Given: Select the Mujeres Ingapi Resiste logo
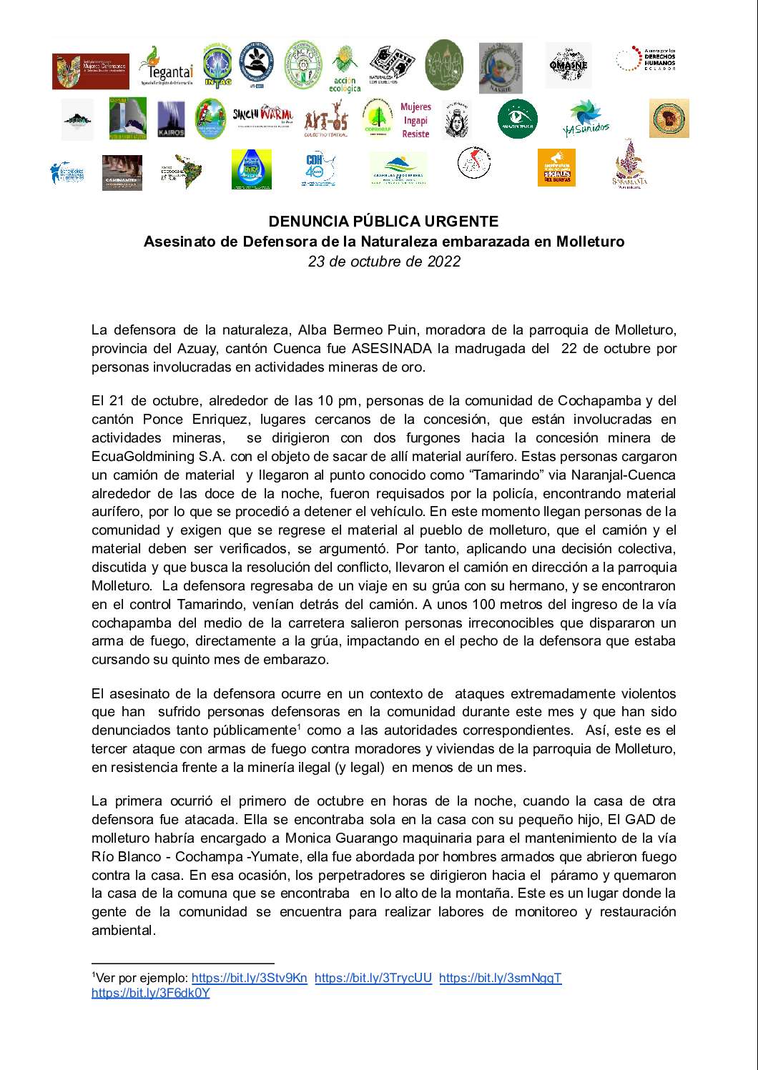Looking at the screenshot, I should pos(415,120).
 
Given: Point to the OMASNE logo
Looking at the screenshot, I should pos(568,65).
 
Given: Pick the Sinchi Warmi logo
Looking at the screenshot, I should pos(262,116).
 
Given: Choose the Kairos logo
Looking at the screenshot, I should pos(171,119).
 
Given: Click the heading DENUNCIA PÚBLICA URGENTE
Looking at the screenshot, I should pos(383,222).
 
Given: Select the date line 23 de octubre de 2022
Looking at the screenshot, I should pos(383,262).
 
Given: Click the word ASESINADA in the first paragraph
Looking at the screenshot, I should pos(391,349).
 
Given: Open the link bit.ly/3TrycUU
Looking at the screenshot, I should pos(373,979).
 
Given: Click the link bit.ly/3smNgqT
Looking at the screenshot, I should pos(500,979).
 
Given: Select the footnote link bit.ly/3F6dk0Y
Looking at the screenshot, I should pos(150,993).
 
